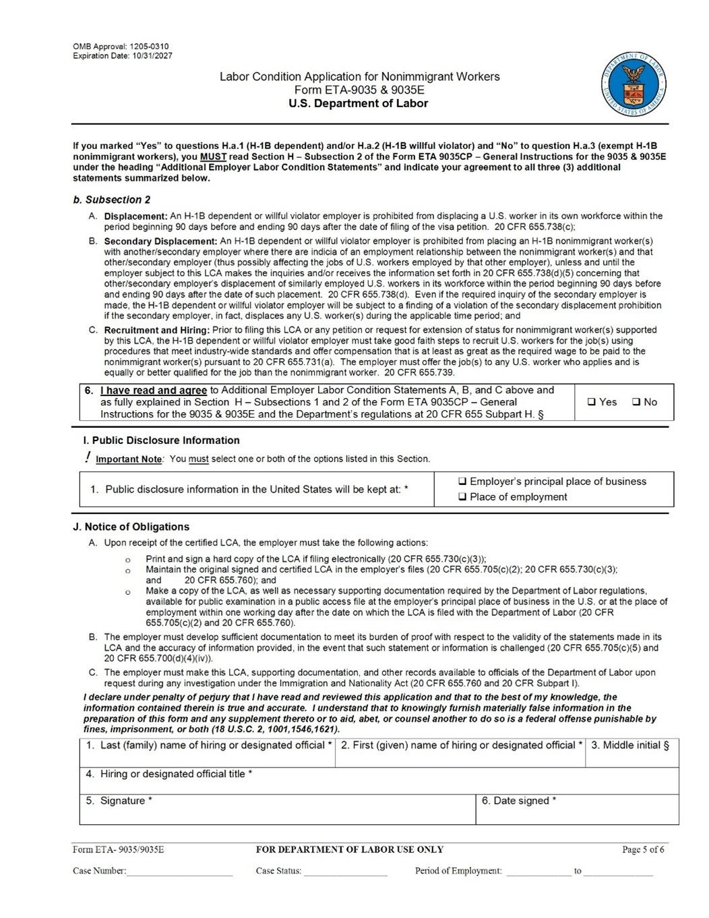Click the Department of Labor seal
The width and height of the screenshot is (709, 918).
coord(633,86)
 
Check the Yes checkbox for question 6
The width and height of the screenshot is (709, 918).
coord(592,402)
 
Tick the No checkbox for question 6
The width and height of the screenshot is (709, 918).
coord(636,402)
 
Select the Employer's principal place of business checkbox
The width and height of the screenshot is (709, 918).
coord(462,482)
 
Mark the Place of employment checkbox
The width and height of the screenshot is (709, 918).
coord(462,497)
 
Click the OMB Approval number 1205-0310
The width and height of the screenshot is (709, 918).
coord(149,47)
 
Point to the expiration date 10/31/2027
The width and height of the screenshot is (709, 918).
coord(152,56)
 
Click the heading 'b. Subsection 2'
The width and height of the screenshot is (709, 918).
coord(112,200)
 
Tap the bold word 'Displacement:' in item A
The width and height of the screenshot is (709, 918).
coord(135,217)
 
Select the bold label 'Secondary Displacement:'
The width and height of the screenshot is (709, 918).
coord(160,241)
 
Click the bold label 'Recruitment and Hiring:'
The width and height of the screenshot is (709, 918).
coord(157,331)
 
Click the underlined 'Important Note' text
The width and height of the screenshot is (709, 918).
coord(129,459)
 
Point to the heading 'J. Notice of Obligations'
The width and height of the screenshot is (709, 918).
coord(131,527)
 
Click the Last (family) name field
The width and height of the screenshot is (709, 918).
coord(207,757)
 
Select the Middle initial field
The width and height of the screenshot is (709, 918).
coord(631,757)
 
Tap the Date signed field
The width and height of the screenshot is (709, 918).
coord(577,813)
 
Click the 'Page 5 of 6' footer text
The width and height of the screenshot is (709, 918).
coord(643,850)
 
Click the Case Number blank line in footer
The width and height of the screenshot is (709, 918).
coord(179,871)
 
